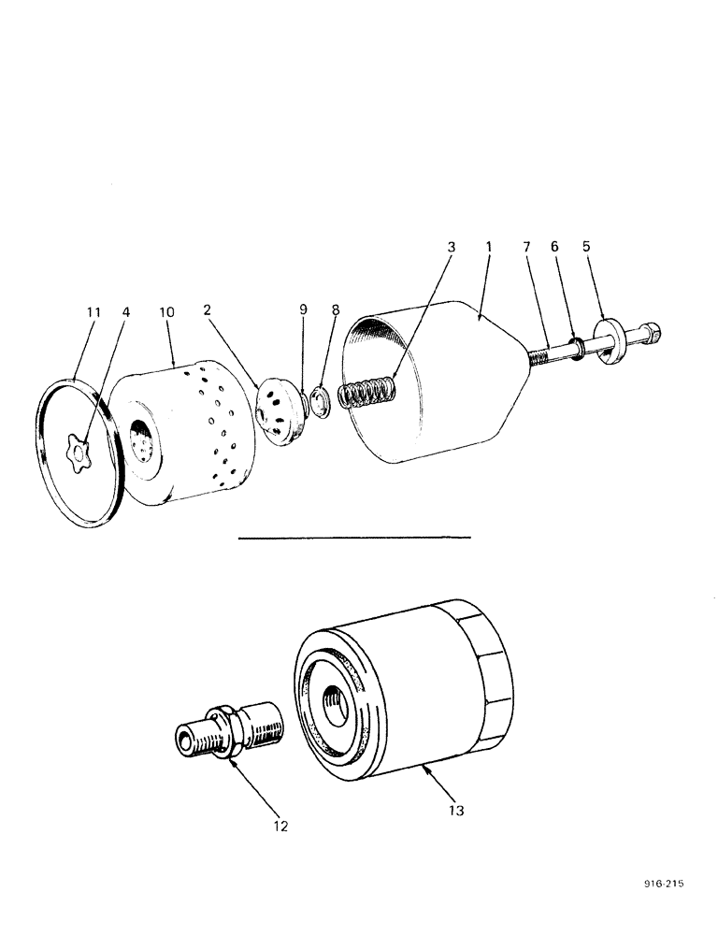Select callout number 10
[165, 310]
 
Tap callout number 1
[487, 248]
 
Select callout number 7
[526, 248]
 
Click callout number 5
[586, 248]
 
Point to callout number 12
[280, 826]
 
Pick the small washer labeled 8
[322, 402]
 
